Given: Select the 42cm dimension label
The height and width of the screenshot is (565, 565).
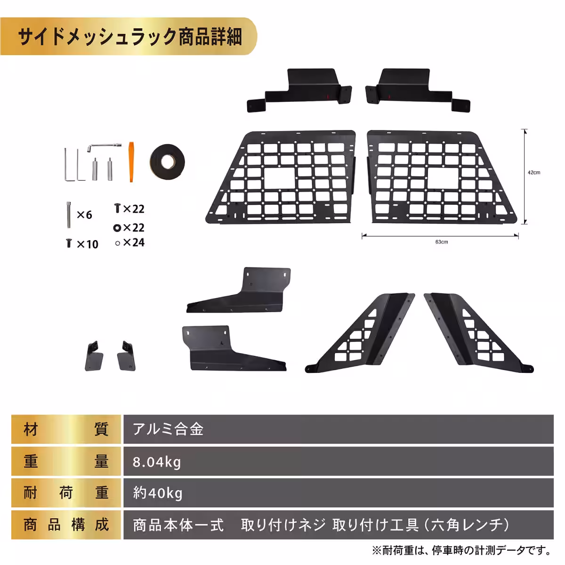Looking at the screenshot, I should (x=534, y=173).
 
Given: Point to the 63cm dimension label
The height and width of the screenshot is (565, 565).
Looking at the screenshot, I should (x=442, y=242).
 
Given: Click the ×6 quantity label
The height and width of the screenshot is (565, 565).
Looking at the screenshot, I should (x=84, y=215).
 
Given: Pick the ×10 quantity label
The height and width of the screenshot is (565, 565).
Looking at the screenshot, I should (x=87, y=244).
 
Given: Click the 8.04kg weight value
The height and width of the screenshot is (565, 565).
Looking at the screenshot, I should (x=157, y=462).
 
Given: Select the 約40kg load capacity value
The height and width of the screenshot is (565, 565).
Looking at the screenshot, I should (x=158, y=493).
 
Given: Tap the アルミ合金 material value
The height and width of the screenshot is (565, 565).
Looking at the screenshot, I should (x=168, y=429).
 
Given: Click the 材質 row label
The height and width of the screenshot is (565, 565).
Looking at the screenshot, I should (x=66, y=429).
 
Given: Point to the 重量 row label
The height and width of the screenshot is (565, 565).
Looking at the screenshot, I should (x=66, y=462).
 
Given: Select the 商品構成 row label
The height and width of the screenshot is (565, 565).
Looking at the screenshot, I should (x=66, y=525).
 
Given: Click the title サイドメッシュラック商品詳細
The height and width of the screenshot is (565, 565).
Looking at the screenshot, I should (x=129, y=37).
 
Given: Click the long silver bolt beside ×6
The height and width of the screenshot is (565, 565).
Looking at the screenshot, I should (x=69, y=214).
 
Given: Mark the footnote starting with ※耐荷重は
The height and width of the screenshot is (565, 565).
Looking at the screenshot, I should (x=461, y=550).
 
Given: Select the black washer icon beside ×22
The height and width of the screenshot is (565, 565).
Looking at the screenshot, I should (x=117, y=228).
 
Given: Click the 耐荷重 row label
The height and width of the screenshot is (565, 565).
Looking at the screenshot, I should (x=66, y=493).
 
